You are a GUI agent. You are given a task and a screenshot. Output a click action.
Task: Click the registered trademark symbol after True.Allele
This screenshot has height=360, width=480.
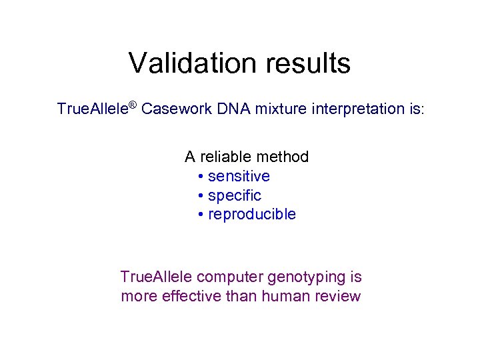(133, 105)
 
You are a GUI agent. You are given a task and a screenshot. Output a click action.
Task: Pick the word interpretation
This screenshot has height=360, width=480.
(353, 109)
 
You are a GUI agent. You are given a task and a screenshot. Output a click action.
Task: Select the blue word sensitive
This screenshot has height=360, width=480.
(239, 177)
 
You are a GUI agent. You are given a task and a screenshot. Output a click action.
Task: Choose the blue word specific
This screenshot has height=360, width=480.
(235, 196)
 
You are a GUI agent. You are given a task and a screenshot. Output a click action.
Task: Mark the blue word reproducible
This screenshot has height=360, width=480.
(252, 215)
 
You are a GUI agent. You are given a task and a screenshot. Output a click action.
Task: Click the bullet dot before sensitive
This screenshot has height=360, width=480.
(201, 177)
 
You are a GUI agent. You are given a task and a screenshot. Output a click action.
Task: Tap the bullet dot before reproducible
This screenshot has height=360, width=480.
(201, 215)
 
